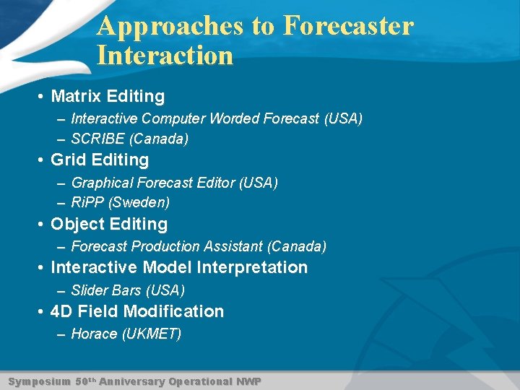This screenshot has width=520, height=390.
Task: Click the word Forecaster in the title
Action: tap(348, 26)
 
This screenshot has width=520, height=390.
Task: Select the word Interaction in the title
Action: tap(165, 56)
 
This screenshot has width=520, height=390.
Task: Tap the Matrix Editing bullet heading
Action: tap(108, 96)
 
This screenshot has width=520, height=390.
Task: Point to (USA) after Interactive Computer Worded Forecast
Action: tap(343, 118)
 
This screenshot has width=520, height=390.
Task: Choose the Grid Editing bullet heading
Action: tap(100, 160)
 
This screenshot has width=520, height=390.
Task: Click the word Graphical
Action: tap(102, 183)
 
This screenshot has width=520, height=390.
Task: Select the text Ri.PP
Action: tap(87, 202)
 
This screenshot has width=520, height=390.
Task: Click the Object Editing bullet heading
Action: tap(109, 224)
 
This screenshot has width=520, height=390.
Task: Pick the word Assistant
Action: tap(235, 246)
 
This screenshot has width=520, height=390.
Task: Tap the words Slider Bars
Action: tap(106, 290)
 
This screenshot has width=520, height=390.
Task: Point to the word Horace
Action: tap(94, 334)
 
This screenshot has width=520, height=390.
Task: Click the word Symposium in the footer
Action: tap(39, 381)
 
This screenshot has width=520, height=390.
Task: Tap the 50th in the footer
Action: tap(84, 381)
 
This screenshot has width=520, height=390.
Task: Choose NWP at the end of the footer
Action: tap(249, 381)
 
